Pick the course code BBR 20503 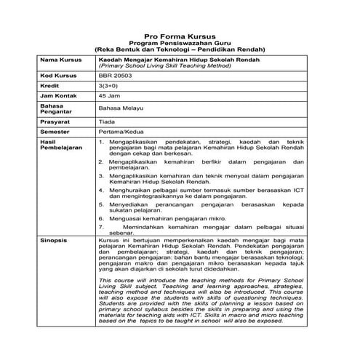116,75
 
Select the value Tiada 107,123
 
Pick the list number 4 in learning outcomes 101,188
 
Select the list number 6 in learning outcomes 101,217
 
